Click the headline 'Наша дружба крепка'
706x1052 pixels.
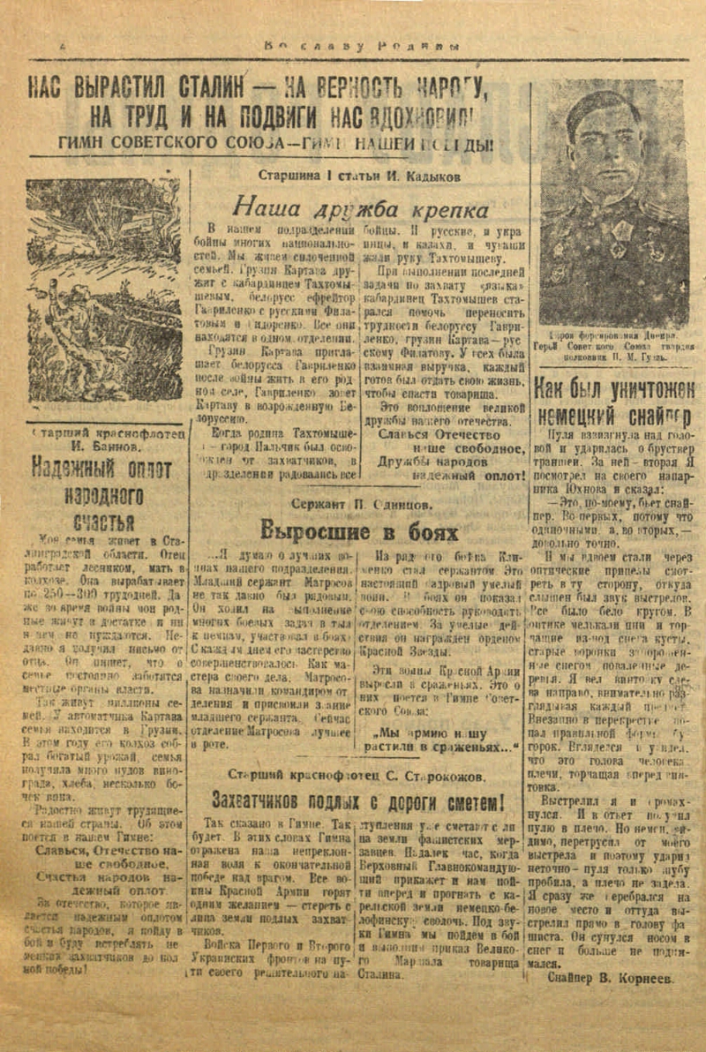[x=359, y=209]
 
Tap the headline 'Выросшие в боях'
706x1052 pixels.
[x=359, y=531]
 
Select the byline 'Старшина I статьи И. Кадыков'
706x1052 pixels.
[x=359, y=176]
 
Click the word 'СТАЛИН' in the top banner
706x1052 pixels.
[x=213, y=88]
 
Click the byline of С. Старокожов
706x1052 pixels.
[x=356, y=777]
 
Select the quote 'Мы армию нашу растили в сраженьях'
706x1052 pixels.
[x=447, y=739]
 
